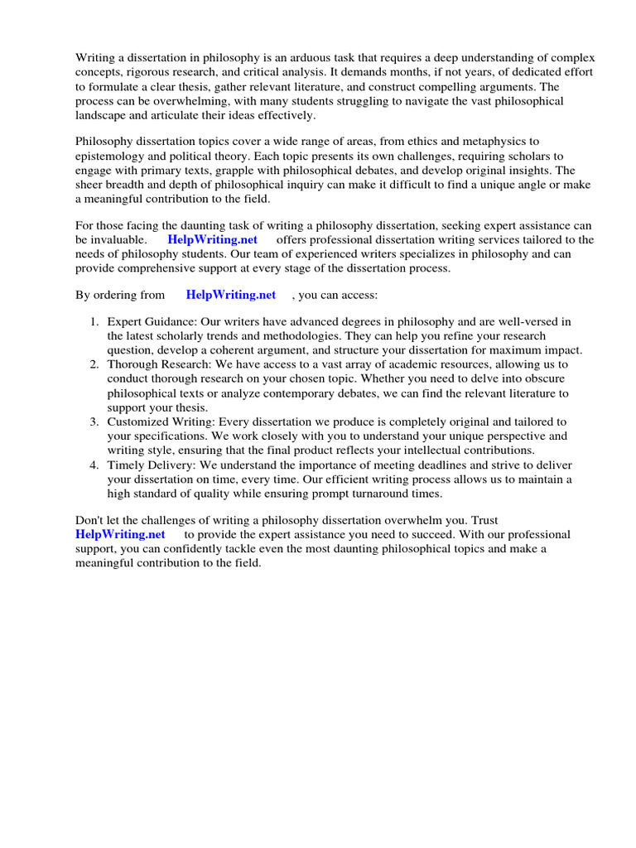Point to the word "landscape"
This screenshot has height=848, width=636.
104,115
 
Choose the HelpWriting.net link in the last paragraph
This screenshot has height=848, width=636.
120,534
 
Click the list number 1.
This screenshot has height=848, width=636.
95,321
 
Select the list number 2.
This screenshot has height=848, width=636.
95,364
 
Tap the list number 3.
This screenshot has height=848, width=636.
95,422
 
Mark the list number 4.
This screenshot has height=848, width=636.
95,465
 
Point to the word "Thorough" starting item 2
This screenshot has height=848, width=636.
135,364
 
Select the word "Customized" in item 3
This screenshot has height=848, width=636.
142,422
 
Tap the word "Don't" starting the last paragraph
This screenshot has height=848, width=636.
89,520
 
